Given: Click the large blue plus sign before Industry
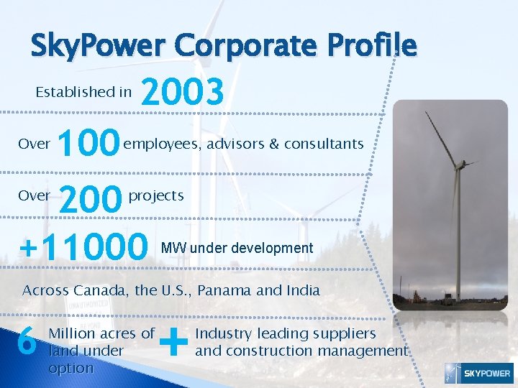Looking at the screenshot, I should click(x=174, y=341).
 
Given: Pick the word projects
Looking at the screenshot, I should click(x=156, y=195).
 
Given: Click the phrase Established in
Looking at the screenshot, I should click(x=83, y=91).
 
